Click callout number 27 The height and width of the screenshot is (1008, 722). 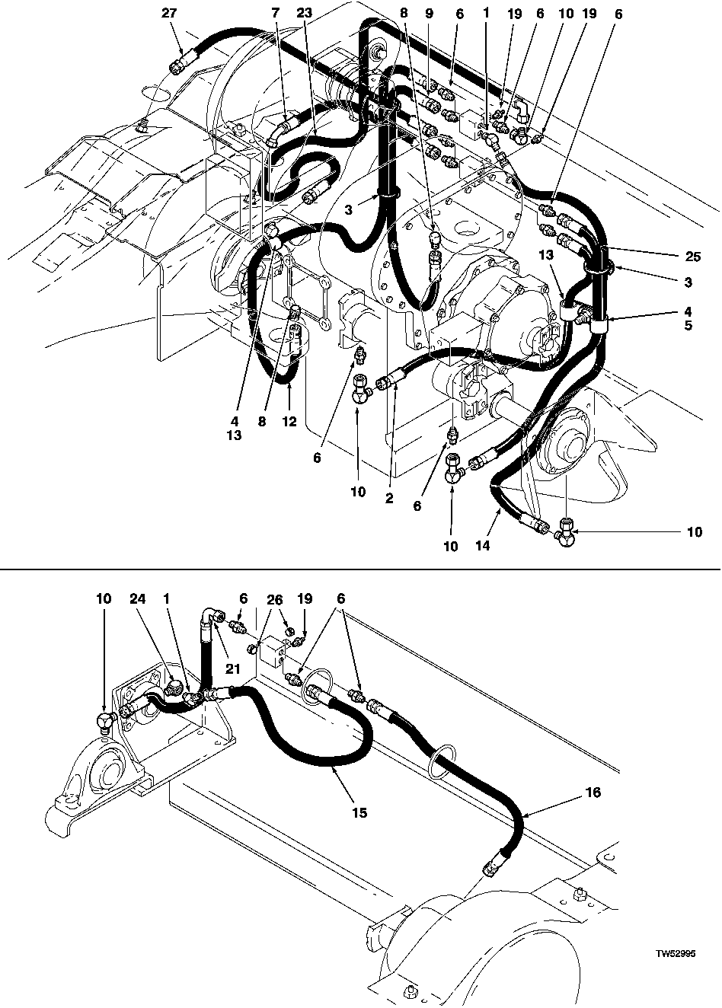(169, 13)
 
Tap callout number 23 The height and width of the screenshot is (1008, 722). (305, 13)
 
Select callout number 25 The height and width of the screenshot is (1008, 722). (693, 257)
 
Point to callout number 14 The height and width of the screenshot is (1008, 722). (482, 545)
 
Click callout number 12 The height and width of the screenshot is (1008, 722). (289, 421)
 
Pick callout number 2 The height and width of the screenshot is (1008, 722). (389, 498)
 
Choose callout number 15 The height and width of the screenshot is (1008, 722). (360, 812)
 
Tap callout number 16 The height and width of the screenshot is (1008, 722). (594, 792)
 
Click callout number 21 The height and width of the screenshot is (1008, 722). (233, 669)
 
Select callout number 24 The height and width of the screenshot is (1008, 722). (138, 598)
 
